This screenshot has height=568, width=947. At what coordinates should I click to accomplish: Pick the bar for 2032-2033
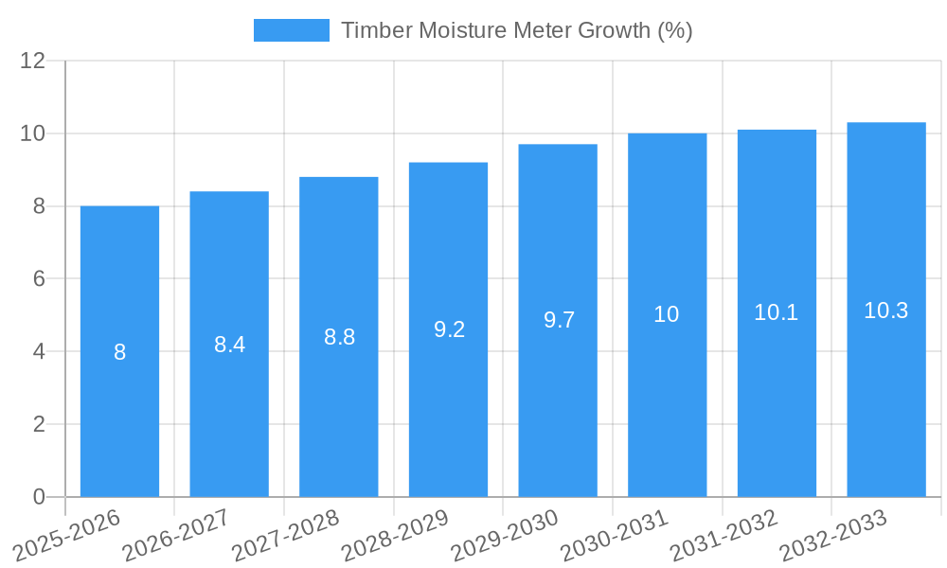click(886, 398)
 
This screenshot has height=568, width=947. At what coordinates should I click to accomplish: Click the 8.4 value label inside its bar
click(229, 345)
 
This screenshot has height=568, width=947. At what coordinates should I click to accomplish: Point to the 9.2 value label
click(449, 329)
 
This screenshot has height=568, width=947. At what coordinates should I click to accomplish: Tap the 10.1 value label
click(777, 312)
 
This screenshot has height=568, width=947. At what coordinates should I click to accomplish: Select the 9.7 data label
click(559, 320)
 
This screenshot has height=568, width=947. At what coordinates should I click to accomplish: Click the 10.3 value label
click(886, 310)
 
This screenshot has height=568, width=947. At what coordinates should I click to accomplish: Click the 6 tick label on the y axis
click(39, 279)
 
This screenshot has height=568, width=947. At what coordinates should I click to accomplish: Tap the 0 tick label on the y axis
click(39, 497)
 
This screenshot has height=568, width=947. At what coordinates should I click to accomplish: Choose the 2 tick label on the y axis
click(39, 424)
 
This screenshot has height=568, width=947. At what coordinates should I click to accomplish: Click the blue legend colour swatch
click(292, 30)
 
